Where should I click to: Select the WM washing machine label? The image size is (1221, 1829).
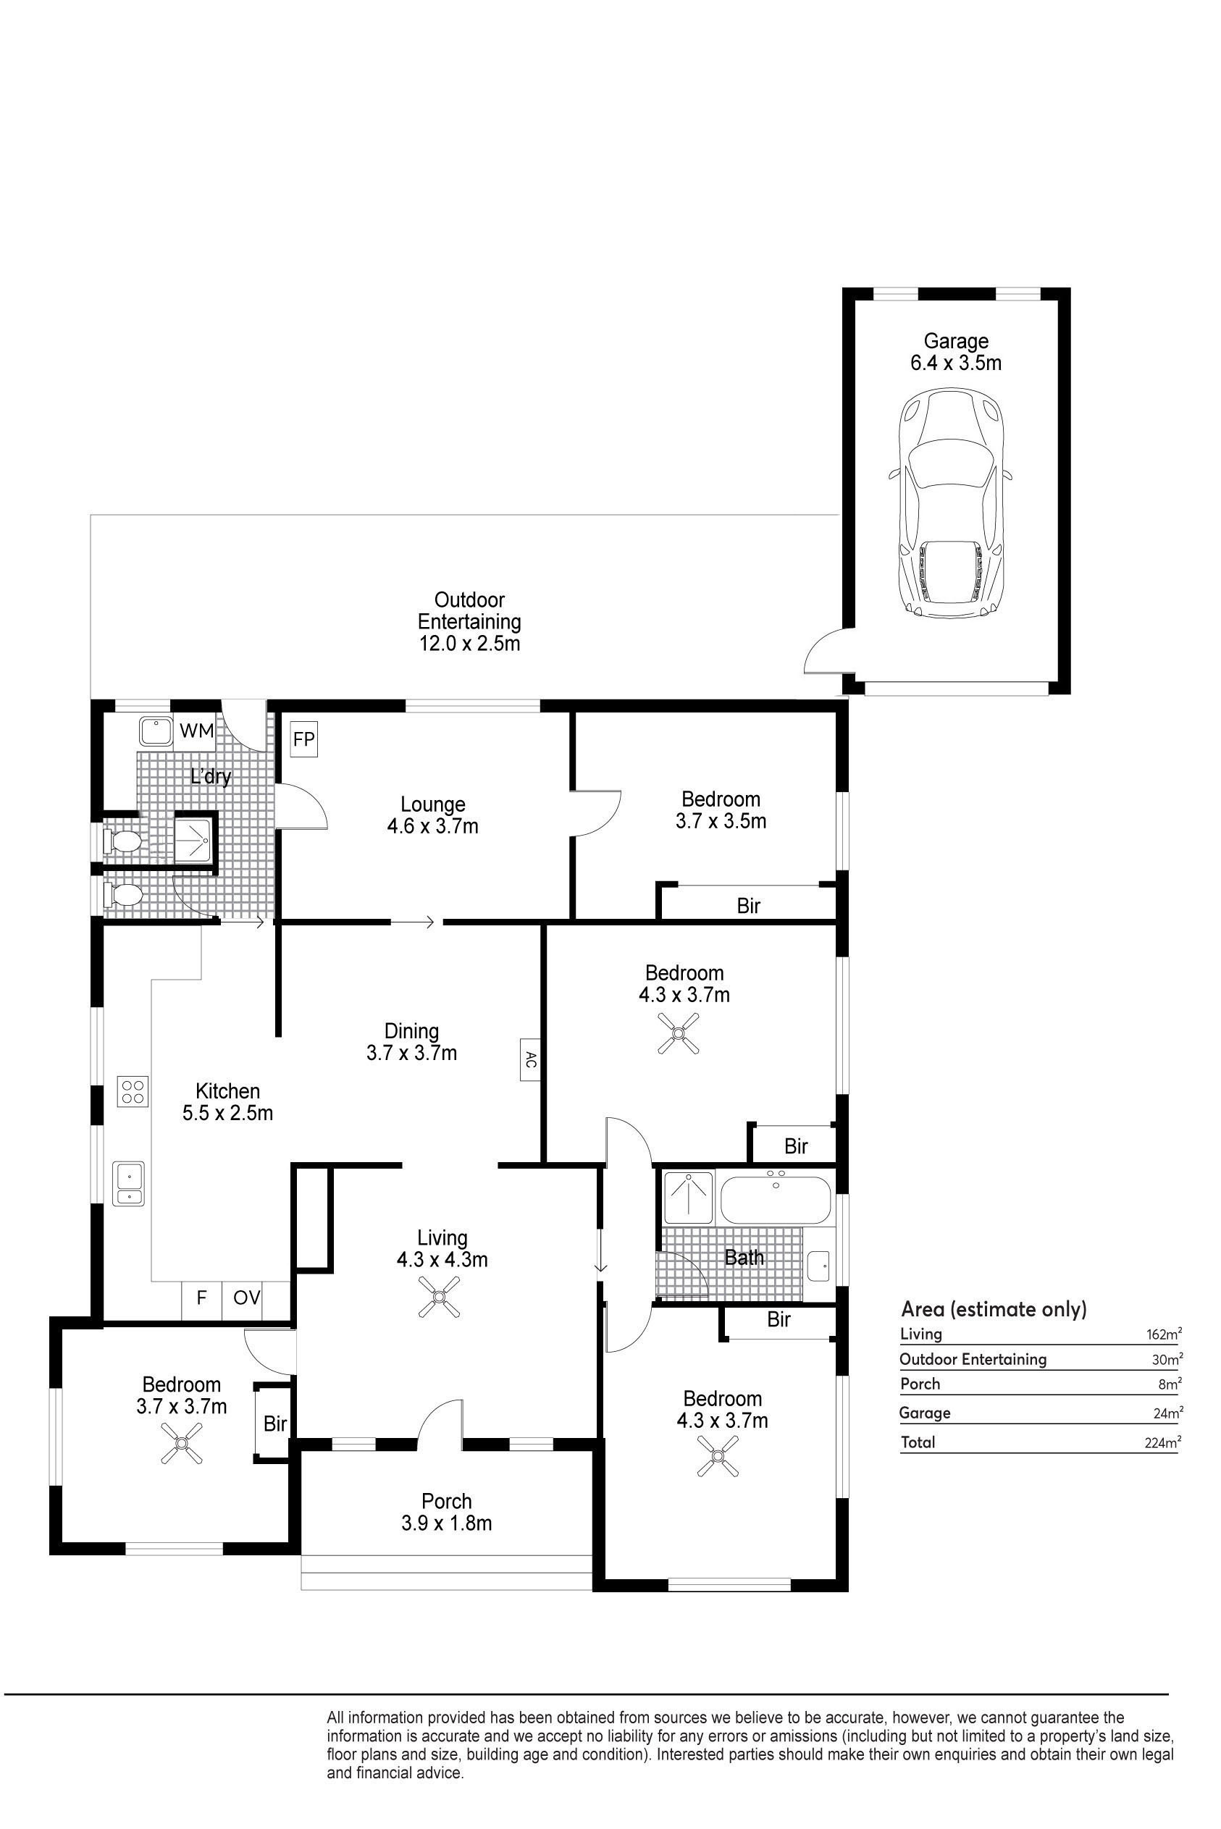coord(196,731)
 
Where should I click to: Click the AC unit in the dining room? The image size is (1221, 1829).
coord(529,1060)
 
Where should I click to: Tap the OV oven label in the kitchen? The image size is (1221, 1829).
coord(247,1298)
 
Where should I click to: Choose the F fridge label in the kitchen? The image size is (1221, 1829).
coord(201,1298)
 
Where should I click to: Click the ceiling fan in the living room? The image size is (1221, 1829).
coord(441,1298)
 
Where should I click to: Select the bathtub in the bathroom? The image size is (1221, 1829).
coord(776,1199)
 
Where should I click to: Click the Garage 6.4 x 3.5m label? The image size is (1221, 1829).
coord(956,352)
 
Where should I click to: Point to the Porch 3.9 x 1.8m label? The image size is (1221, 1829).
coord(447,1512)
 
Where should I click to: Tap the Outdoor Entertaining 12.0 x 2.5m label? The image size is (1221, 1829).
coord(469,621)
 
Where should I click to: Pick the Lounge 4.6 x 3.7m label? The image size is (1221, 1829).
coord(433,815)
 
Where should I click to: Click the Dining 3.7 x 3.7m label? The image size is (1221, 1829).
coord(412,1042)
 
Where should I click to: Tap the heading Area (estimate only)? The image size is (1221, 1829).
coord(994,1308)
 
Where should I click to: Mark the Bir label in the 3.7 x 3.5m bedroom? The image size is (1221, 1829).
coord(748,906)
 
